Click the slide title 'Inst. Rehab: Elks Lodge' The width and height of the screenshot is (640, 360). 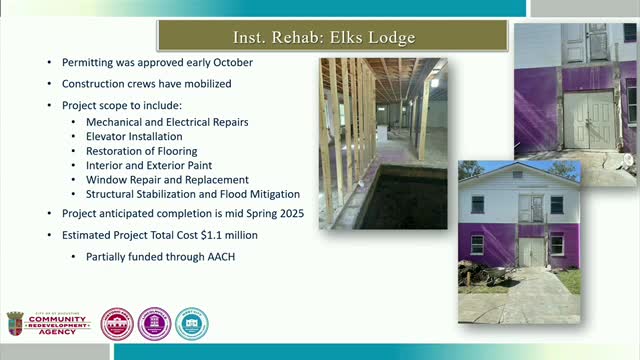[x=319, y=39]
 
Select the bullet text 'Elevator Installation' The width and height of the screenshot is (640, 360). [x=134, y=136]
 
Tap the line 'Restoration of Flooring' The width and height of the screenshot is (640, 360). [x=141, y=151]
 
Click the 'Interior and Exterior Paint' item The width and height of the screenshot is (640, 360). [x=149, y=165]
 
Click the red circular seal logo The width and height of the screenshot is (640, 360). [x=117, y=324]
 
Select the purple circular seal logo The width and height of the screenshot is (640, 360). [x=154, y=324]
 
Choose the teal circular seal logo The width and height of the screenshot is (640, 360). [x=191, y=324]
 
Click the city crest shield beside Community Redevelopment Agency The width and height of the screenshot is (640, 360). [x=15, y=323]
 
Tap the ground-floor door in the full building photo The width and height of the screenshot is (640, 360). [x=531, y=251]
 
